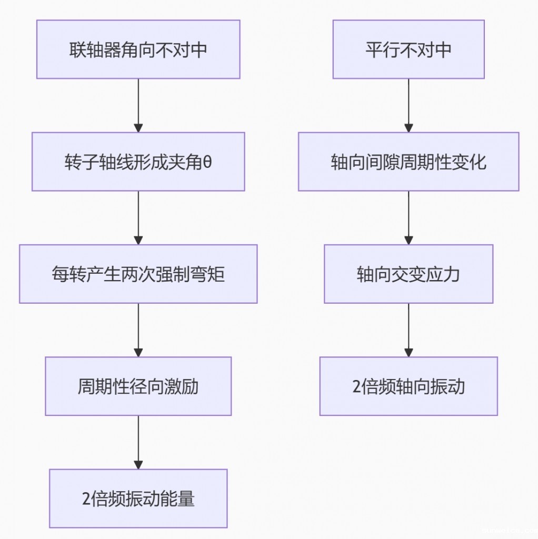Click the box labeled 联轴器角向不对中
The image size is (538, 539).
point(138,49)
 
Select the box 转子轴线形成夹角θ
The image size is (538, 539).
point(138,162)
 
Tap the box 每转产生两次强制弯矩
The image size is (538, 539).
point(138,274)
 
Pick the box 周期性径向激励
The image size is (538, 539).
point(138,386)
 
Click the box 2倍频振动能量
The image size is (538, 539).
point(138,498)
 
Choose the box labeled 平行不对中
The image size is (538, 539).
point(409,49)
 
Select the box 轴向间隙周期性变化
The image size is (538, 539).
point(409,162)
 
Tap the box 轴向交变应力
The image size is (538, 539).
point(409,274)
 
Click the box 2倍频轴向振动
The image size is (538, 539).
point(409,386)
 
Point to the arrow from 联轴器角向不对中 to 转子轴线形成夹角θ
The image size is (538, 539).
point(138,105)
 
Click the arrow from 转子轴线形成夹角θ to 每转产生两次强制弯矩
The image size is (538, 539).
point(138,217)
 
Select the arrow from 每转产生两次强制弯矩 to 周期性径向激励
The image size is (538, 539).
point(138,330)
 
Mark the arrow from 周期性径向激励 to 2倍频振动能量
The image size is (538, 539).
point(138,442)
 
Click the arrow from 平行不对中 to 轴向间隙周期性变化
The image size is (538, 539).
point(409,105)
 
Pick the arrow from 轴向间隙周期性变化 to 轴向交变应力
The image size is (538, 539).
point(409,217)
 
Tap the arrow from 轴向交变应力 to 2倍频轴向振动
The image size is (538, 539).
point(409,330)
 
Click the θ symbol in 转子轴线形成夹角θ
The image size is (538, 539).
point(207,162)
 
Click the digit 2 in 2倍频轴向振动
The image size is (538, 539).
point(356,387)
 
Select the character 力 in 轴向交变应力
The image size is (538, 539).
point(452,274)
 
